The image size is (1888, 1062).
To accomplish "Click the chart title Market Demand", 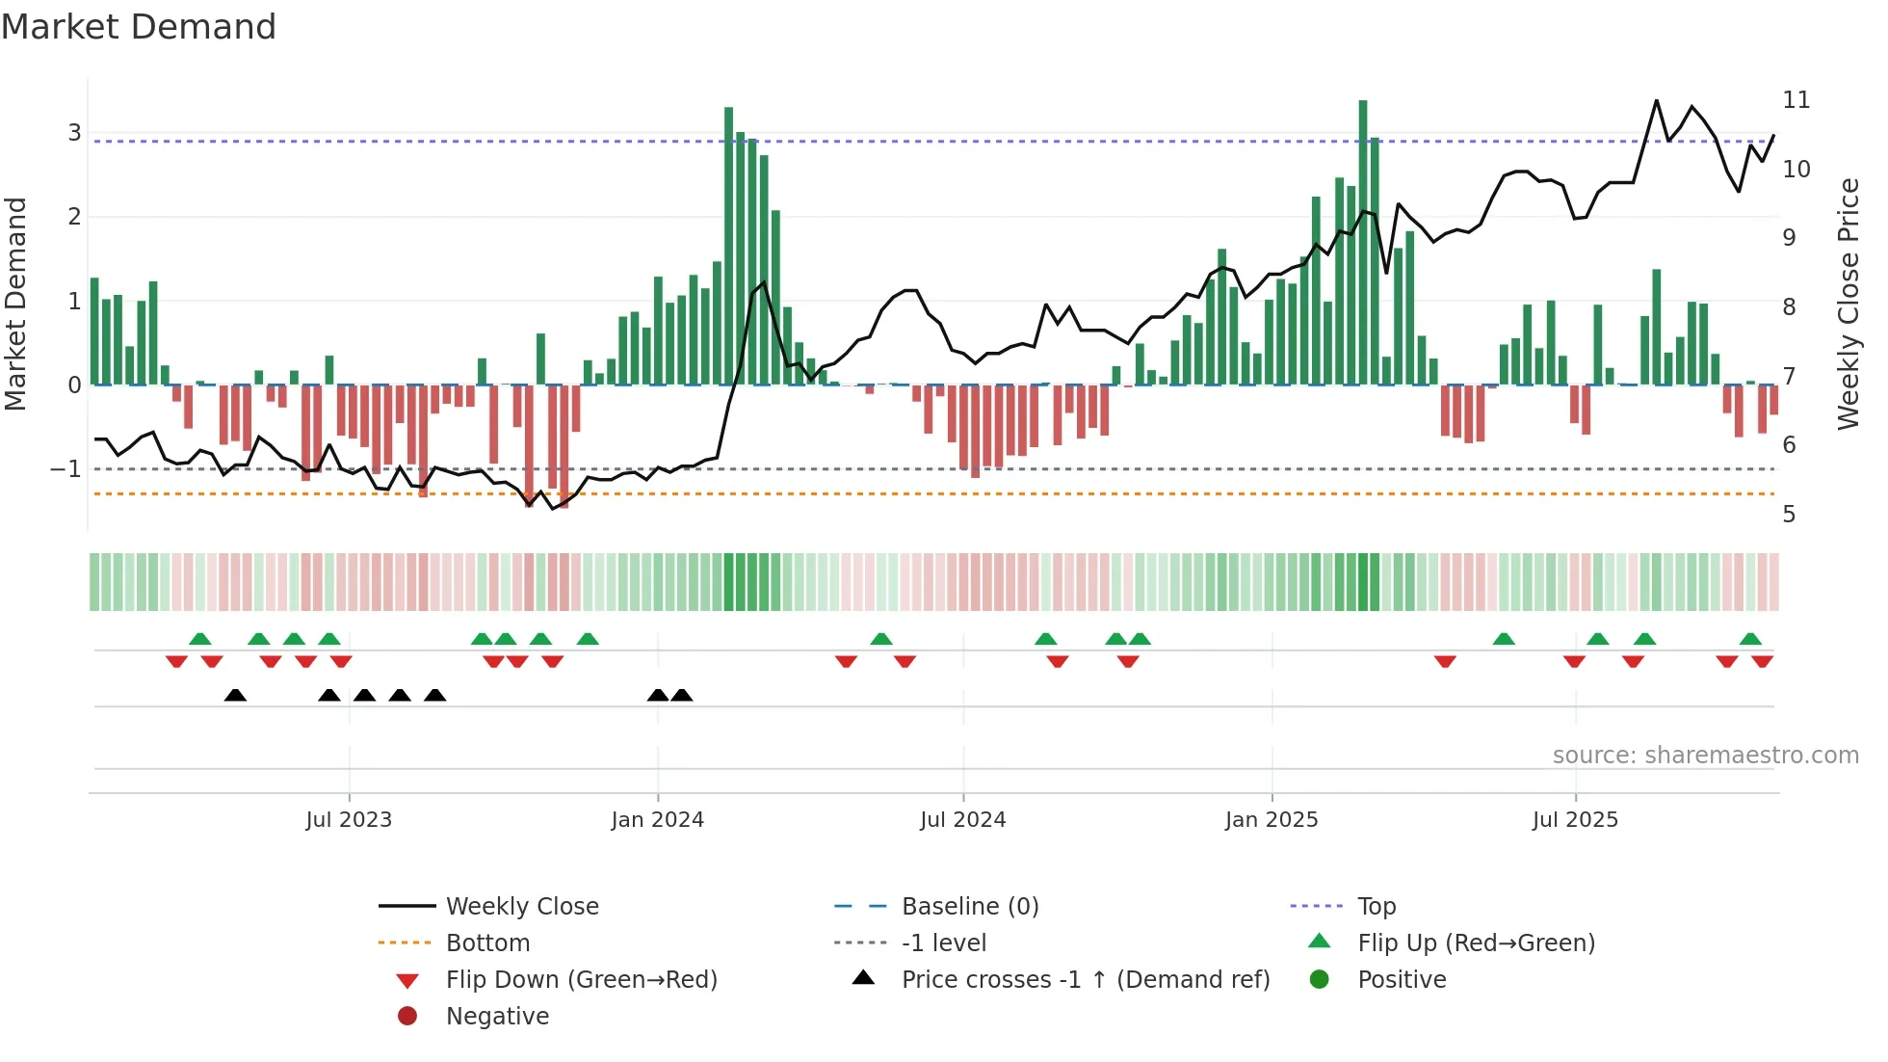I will coord(139,27).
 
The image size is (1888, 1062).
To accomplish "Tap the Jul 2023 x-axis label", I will coord(349,820).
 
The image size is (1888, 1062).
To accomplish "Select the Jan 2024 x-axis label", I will coord(657,820).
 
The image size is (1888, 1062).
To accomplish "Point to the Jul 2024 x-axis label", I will coord(962,820).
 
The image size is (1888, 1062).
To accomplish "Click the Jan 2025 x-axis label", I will coord(1272,820).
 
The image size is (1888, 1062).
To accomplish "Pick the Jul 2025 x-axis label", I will coord(1575,820).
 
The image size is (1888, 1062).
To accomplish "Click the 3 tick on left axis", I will coord(74,133).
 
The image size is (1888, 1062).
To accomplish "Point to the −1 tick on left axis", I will coord(66,469).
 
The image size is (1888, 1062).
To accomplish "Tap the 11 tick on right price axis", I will coord(1796,100).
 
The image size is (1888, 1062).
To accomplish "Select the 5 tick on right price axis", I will coord(1789,515).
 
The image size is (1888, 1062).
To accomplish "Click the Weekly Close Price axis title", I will coord(1848,304).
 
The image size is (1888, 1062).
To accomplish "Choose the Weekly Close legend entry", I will coord(521,907).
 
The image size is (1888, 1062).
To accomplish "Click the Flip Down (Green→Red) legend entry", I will coord(581,980).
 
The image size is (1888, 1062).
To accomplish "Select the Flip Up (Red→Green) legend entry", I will coord(1476,943).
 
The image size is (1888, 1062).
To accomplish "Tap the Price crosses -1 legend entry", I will coord(1085,980).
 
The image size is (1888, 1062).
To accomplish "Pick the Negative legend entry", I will coord(497,1017).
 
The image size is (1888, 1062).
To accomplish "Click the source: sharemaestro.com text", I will coord(1705,756).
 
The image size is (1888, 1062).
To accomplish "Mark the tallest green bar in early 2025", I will coord(1363,241).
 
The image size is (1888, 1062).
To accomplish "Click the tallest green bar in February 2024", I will coord(729,246).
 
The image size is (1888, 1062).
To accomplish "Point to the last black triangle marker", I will coord(682,696).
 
